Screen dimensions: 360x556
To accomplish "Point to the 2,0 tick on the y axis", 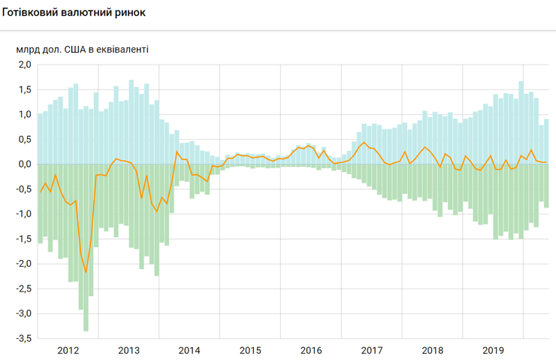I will pos(24,65).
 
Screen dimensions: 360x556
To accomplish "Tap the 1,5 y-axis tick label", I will pos(24,89).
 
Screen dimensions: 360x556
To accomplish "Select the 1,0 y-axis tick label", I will pos(24,114).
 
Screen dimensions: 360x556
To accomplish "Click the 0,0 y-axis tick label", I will pos(24,164).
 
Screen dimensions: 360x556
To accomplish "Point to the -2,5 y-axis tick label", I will pos(23,289).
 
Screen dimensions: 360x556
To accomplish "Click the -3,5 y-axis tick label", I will pos(23,338).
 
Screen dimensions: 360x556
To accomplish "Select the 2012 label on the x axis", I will pos(68,350).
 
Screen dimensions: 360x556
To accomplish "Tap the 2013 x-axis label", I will pos(129,350).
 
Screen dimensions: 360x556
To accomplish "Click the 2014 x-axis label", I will pos(189,350).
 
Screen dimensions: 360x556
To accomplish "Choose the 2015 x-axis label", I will pos(250,350).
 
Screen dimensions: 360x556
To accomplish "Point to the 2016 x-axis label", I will pos(311,350).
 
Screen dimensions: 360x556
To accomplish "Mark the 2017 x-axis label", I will pos(372,350).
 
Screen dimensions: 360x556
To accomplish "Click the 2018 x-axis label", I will pos(432,350).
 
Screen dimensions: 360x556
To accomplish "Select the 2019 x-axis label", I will pos(493,350).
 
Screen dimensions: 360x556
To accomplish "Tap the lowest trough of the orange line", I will pos(86,272).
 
